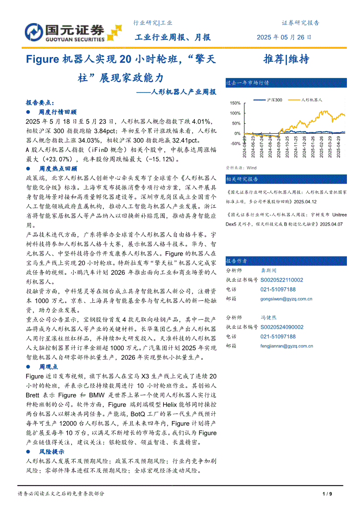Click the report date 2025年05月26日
pyautogui.click(x=284, y=37)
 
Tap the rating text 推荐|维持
pyautogui.click(x=286, y=59)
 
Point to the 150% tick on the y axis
pyautogui.click(x=235, y=103)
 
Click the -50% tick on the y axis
pyautogui.click(x=235, y=144)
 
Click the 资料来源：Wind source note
pyautogui.click(x=241, y=168)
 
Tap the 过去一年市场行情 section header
pyautogui.click(x=241, y=83)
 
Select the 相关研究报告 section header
pyautogui.click(x=242, y=179)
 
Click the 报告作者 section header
pyautogui.click(x=237, y=261)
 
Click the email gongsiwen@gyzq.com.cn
pyautogui.click(x=286, y=299)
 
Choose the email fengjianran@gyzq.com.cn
pyautogui.click(x=287, y=346)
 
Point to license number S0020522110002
pyautogui.click(x=282, y=280)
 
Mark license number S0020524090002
pyautogui.click(x=282, y=327)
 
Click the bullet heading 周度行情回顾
pyautogui.click(x=58, y=112)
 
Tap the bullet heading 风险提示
pyautogui.click(x=52, y=452)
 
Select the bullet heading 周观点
pyautogui.click(x=49, y=367)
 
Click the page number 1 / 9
pyautogui.click(x=327, y=494)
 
